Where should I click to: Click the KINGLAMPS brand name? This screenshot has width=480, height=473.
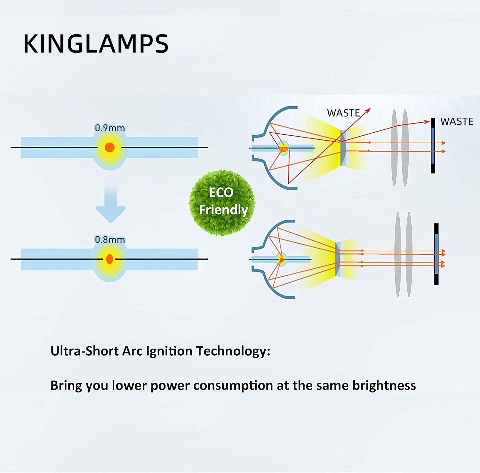pyautogui.click(x=96, y=43)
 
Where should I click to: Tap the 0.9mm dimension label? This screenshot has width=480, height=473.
pyautogui.click(x=110, y=128)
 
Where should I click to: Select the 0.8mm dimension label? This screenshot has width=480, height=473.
pyautogui.click(x=110, y=240)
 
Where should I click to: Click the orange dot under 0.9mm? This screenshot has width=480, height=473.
pyautogui.click(x=109, y=147)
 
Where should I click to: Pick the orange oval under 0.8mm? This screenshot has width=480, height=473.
pyautogui.click(x=109, y=259)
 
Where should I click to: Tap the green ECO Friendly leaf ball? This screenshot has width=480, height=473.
pyautogui.click(x=222, y=203)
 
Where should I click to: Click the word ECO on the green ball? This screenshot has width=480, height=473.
pyautogui.click(x=221, y=193)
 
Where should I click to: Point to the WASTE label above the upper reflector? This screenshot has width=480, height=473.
pyautogui.click(x=343, y=113)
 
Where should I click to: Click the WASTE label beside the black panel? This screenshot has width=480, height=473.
pyautogui.click(x=457, y=122)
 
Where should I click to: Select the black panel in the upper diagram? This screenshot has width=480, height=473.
pyautogui.click(x=433, y=146)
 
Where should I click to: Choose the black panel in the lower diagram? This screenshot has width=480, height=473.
pyautogui.click(x=436, y=254)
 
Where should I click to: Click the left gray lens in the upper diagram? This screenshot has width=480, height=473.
pyautogui.click(x=394, y=148)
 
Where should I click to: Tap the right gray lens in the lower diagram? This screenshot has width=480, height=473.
pyautogui.click(x=409, y=255)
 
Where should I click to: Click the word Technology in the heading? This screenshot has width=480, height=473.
pyautogui.click(x=233, y=351)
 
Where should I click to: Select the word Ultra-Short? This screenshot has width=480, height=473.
pyautogui.click(x=84, y=351)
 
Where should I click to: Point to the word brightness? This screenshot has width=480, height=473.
pyautogui.click(x=384, y=385)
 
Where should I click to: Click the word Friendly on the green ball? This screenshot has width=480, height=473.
pyautogui.click(x=223, y=210)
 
